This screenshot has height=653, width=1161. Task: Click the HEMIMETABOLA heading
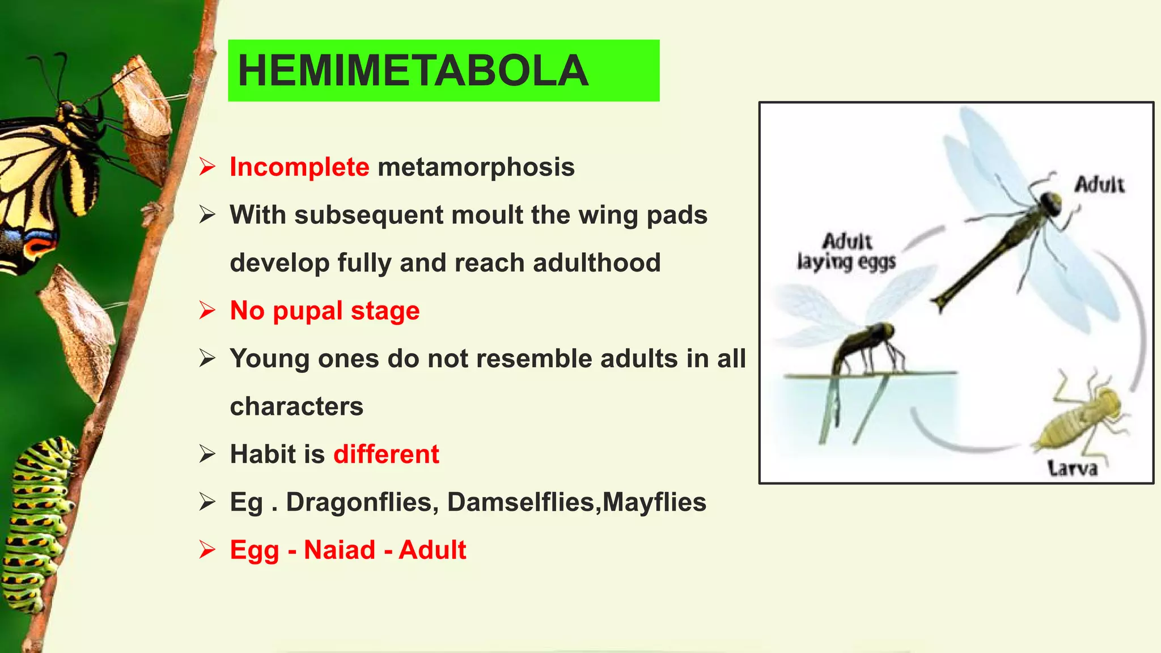[413, 71]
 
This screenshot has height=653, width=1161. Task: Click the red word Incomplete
[299, 167]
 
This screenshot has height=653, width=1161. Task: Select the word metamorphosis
[476, 167]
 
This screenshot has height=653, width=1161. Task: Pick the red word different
[386, 455]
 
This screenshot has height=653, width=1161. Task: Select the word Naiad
[340, 550]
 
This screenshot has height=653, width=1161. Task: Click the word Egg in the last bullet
[254, 550]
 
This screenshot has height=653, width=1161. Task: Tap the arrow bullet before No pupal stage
[207, 311]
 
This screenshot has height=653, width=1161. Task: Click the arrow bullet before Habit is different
[207, 455]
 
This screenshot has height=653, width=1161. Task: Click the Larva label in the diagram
[1072, 469]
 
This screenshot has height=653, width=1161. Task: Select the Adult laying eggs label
[846, 252]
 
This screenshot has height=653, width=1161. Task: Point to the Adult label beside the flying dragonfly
[1099, 185]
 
